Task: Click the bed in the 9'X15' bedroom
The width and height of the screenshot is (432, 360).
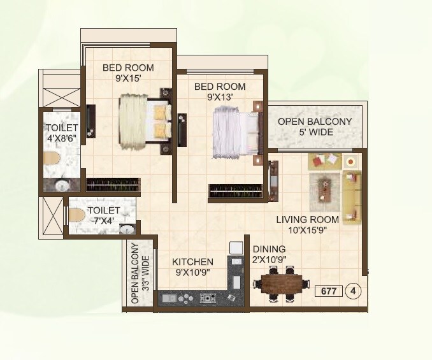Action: pos(145,121)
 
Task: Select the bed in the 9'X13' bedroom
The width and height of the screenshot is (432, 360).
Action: pos(236,131)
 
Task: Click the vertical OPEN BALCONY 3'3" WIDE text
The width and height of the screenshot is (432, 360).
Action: pos(140,275)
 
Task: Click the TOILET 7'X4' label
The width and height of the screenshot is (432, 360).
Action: pos(103,214)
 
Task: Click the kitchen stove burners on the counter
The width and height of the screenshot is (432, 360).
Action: pos(207,298)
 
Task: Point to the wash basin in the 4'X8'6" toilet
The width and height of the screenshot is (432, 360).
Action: pos(62,186)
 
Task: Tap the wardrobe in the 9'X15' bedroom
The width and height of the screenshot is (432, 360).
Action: pos(113,185)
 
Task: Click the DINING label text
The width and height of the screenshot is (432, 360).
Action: pos(268,249)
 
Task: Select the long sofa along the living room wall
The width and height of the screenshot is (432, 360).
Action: pos(351,194)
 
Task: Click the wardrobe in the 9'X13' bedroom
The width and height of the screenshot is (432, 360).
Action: pos(234,191)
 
